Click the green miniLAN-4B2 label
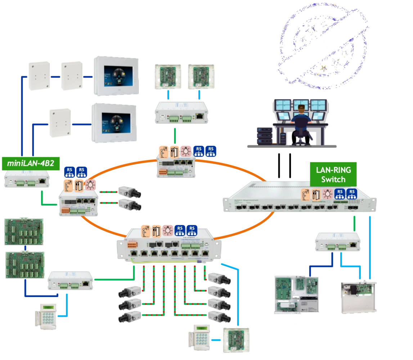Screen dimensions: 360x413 31,163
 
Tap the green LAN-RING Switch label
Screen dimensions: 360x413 333,174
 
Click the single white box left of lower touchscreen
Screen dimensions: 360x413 60,123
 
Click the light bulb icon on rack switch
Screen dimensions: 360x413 327,194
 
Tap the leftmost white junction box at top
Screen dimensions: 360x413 39,75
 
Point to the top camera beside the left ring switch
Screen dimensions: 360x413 130,192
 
